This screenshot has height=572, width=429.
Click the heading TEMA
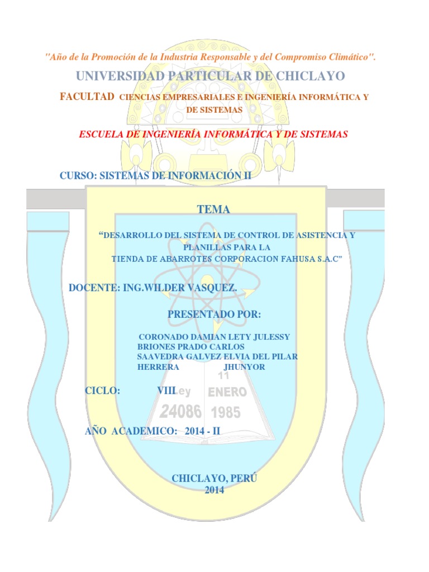(213, 209)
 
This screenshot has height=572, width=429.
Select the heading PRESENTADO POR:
(214, 314)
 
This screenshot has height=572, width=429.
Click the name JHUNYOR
(244, 366)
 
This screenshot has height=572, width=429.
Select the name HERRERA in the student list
(158, 366)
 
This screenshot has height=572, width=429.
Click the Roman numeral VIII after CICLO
(166, 391)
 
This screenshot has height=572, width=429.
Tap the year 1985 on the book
(226, 413)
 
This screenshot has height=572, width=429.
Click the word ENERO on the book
(224, 392)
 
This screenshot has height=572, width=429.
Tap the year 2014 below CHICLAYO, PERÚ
(214, 490)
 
